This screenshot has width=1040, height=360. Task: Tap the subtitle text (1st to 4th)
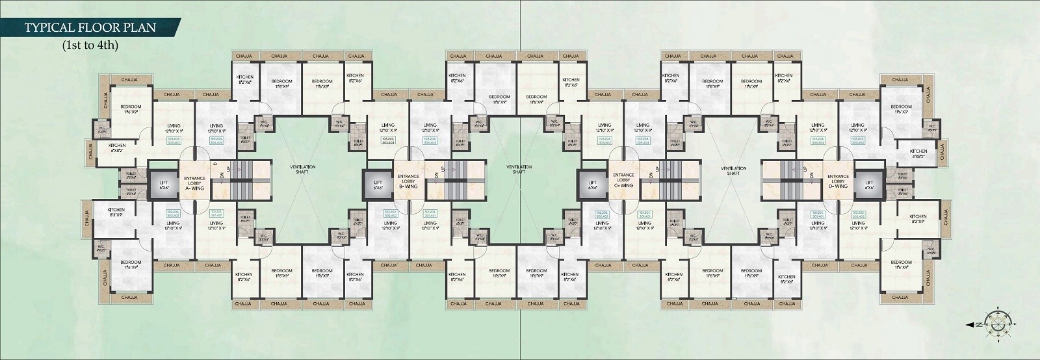90,46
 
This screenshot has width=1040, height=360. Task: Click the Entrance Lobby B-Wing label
408,181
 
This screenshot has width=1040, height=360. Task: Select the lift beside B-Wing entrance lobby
378,183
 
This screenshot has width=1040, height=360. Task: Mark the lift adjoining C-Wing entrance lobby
592,183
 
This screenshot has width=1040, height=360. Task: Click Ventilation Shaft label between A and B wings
303,170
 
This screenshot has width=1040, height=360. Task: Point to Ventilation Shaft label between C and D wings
733,170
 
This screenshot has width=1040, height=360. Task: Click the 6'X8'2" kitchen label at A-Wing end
117,148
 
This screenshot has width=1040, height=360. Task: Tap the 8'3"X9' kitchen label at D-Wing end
918,219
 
